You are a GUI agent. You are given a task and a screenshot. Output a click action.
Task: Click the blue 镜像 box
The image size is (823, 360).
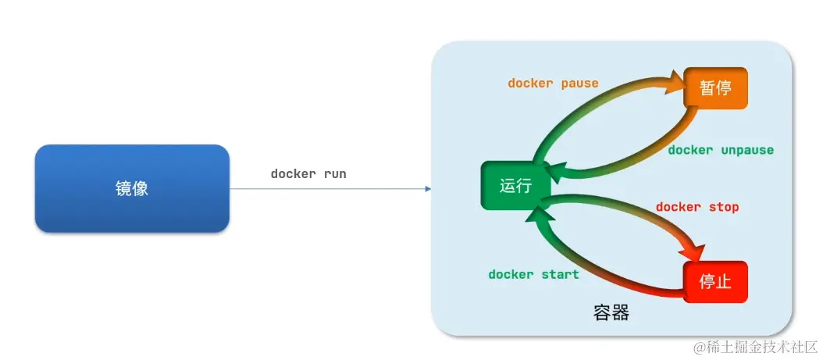tap(132, 188)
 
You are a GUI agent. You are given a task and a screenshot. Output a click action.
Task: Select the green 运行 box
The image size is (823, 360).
tap(515, 186)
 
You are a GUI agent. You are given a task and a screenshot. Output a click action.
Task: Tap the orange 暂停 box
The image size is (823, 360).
tap(715, 88)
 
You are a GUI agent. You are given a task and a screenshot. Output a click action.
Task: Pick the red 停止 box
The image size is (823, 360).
tap(715, 282)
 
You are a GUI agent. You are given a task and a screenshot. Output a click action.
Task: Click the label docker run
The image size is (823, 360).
tap(308, 174)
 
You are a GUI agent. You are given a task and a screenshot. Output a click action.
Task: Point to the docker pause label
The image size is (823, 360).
tap(553, 83)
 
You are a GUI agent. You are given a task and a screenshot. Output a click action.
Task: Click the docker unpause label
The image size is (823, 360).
tap(721, 150)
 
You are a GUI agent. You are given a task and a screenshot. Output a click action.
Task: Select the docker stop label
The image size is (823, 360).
tap(697, 207)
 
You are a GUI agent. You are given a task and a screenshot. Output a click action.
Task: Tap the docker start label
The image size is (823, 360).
tap(533, 274)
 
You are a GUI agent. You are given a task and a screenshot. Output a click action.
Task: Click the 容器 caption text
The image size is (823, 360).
tap(611, 314)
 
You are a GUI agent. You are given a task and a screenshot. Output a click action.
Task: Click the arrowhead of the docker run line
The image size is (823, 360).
tap(427, 188)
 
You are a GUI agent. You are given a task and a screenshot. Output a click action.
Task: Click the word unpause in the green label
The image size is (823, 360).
tap(747, 150)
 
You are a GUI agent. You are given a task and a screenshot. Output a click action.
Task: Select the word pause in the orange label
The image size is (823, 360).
tap(580, 83)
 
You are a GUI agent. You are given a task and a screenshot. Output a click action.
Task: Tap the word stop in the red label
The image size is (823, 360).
tap(724, 207)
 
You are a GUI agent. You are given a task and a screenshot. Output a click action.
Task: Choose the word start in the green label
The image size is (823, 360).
tap(561, 274)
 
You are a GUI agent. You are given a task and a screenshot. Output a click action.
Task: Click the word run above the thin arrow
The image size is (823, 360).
tap(335, 174)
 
